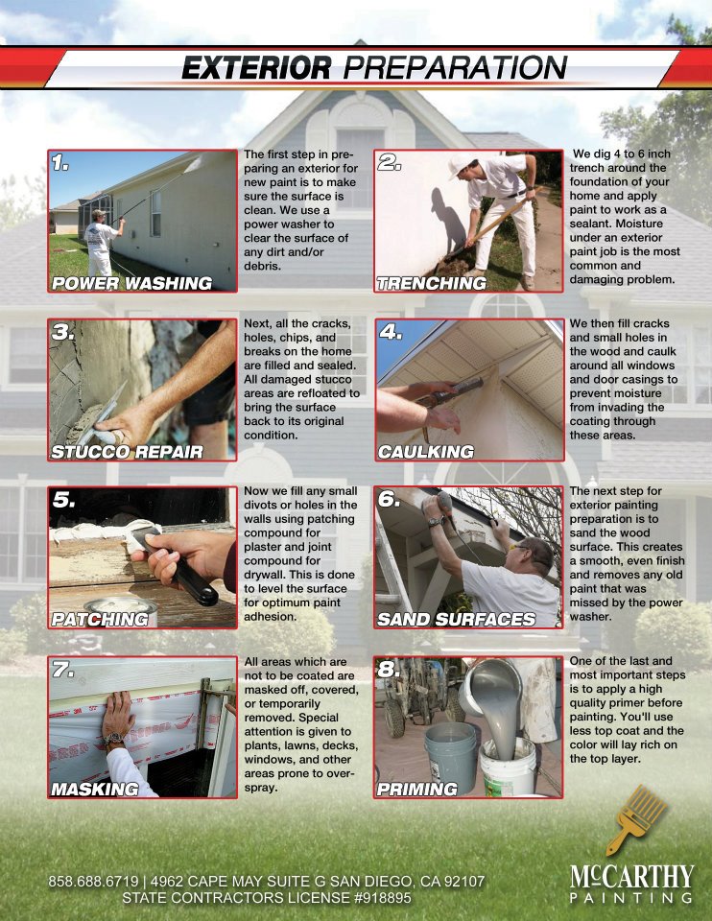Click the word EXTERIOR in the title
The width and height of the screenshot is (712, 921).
click(256, 67)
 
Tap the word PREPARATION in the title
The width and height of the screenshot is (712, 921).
click(455, 67)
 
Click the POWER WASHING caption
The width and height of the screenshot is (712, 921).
click(132, 283)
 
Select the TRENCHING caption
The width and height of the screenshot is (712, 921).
click(432, 283)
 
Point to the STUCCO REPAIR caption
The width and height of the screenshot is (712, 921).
click(127, 452)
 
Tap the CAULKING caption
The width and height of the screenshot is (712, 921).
click(426, 452)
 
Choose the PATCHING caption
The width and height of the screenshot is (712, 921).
click(100, 619)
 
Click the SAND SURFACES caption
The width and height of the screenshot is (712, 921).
click(457, 619)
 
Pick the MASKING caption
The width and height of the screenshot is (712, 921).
click(95, 789)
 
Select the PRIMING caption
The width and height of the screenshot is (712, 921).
click(417, 789)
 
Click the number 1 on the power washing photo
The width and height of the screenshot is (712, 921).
click(59, 162)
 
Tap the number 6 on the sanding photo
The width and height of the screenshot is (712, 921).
click(389, 499)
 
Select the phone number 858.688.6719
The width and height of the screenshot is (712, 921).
click(93, 881)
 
